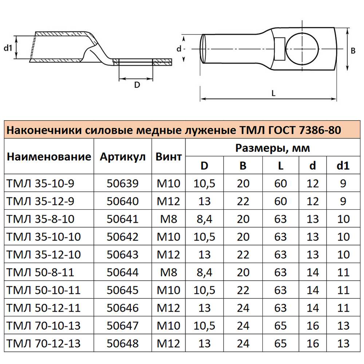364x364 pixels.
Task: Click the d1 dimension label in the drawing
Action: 8,48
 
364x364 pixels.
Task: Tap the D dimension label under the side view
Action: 137,85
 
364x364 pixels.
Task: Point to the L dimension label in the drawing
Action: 273,93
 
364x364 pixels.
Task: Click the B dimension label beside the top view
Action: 353,51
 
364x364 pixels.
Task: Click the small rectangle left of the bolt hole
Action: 280,49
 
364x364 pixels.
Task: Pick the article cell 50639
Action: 123,183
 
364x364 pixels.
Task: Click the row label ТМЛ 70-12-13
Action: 44,343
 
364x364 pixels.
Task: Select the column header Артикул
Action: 123,157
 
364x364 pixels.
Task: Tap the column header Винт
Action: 169,157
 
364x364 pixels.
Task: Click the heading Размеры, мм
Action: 273,148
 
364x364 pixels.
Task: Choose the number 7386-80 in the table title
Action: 320,130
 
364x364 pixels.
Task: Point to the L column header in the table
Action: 281,166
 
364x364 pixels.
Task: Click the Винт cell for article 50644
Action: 169,272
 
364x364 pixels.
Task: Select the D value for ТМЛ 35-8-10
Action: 205,219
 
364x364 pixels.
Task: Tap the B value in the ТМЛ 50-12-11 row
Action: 243,308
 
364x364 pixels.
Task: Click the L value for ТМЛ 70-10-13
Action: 281,326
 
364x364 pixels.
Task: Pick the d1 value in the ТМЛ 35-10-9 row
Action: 343,183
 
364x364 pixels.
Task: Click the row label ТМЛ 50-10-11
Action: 44,290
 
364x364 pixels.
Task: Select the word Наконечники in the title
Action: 44,130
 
